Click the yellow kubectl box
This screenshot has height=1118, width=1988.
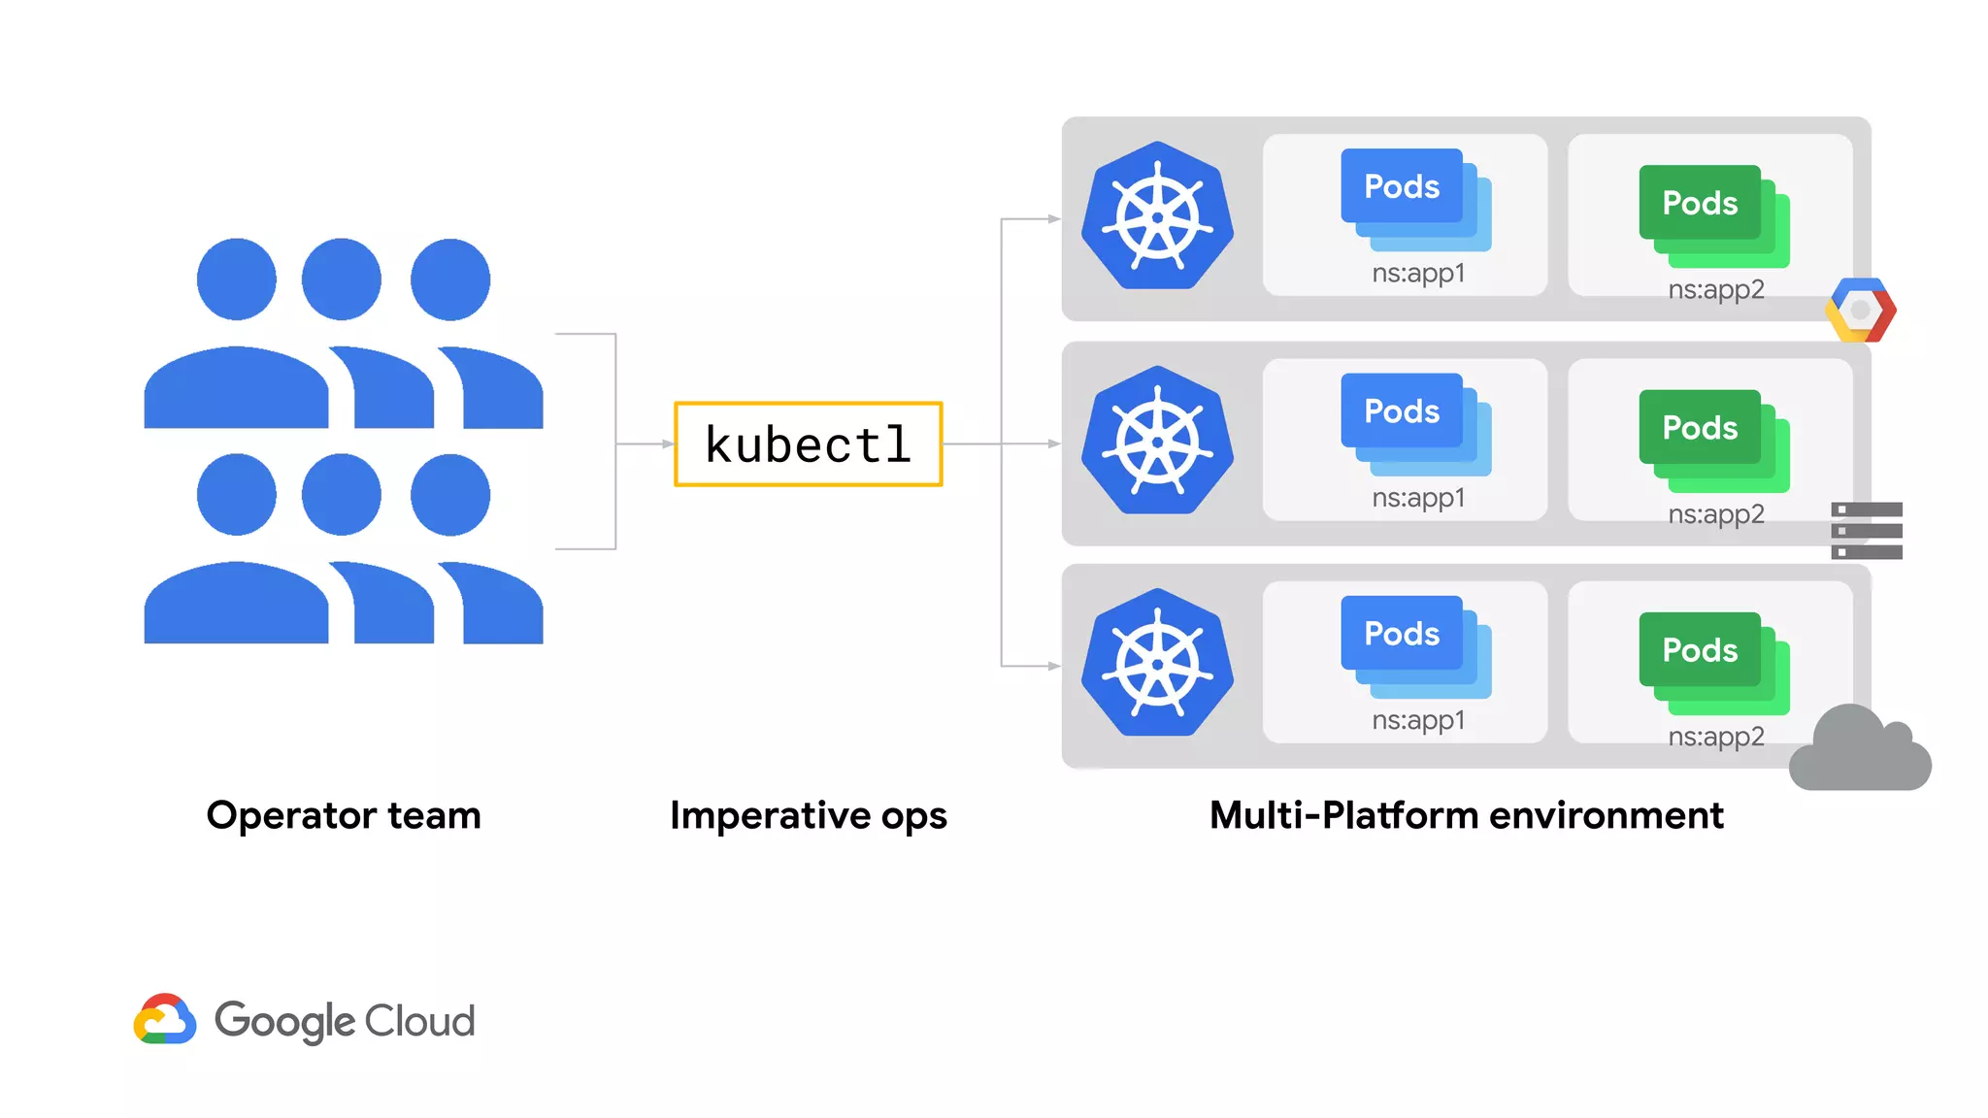coord(808,444)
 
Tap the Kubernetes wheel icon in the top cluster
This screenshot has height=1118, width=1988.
coord(1157,216)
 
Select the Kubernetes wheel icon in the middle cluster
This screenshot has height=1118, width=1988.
coord(1157,442)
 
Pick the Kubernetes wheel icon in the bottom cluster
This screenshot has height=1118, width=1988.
coord(1157,664)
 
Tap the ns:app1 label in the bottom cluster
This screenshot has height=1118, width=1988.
coord(1418,720)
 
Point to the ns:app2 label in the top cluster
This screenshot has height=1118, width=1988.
coord(1715,289)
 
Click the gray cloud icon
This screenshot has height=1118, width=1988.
coord(1859,753)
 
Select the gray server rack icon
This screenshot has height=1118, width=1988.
coord(1866,531)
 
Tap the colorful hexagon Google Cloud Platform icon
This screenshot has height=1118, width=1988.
coord(1860,311)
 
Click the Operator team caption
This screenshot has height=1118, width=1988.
coord(344,815)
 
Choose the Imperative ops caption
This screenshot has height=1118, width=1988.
coord(808,815)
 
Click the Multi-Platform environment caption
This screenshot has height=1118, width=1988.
coord(1466,815)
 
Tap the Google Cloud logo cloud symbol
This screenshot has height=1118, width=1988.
coord(165,1019)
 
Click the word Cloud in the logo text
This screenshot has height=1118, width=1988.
coord(419,1021)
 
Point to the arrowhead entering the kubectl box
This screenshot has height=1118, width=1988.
coord(668,444)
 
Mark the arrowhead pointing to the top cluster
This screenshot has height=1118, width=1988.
coord(1054,219)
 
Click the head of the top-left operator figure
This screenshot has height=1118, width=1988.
coord(236,279)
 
